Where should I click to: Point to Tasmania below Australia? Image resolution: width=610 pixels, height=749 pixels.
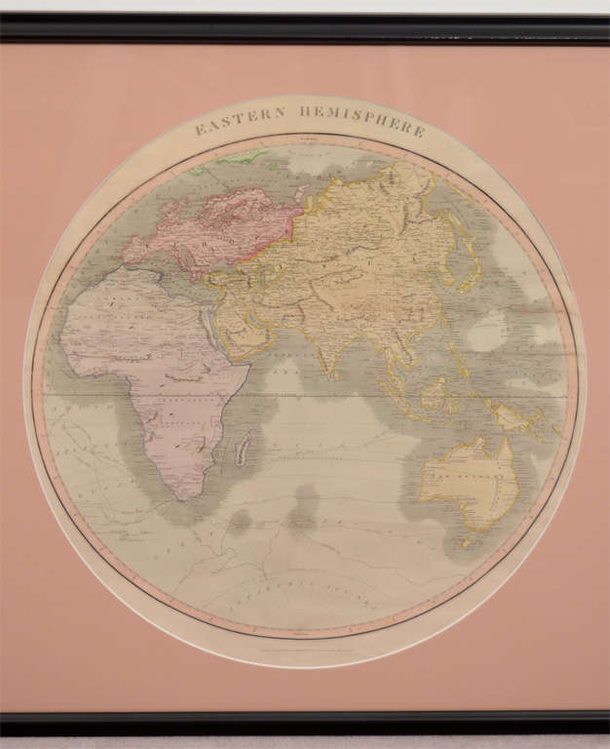tap(480, 539)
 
